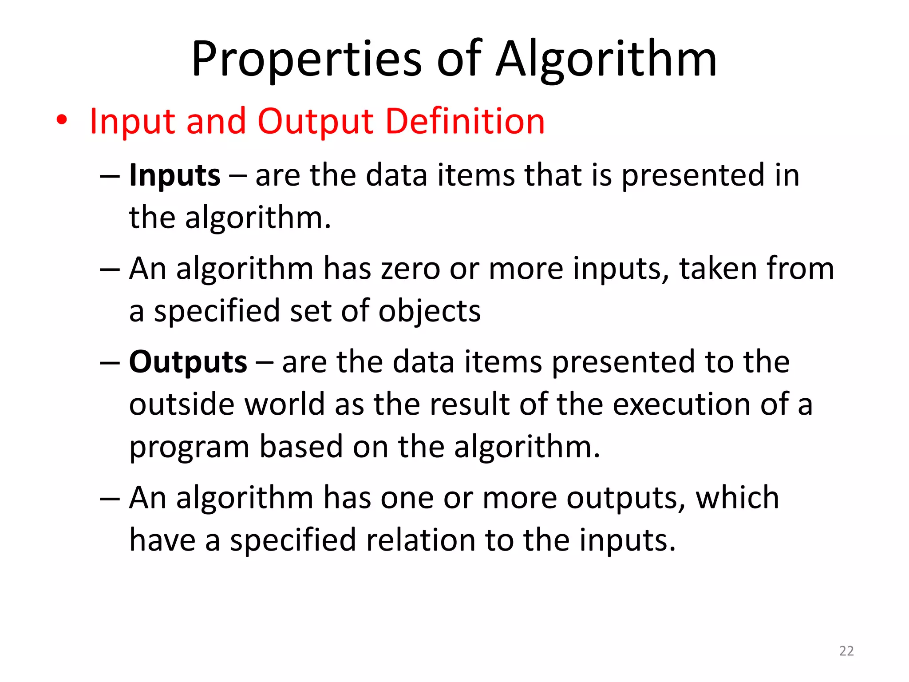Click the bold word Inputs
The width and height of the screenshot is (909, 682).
click(x=174, y=175)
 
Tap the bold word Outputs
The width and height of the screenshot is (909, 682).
click(x=188, y=362)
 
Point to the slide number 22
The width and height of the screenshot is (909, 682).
click(x=846, y=651)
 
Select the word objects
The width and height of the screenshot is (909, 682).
click(x=429, y=311)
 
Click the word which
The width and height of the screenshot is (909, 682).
click(x=737, y=498)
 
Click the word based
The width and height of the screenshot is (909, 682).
click(x=301, y=447)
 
